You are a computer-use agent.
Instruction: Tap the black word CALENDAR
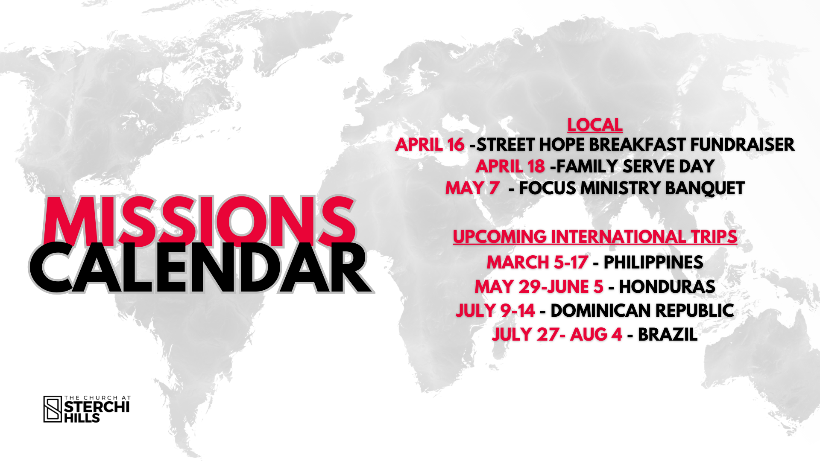click(201, 268)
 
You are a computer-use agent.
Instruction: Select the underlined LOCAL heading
click(595, 125)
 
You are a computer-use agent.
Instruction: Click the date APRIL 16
click(430, 145)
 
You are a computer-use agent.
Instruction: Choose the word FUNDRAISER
click(742, 145)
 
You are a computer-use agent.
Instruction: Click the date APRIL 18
click(510, 166)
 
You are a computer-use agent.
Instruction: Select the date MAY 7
click(472, 188)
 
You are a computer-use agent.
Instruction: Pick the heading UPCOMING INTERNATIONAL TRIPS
click(595, 237)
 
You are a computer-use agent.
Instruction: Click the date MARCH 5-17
click(537, 263)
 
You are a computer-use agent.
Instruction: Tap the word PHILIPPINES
click(653, 263)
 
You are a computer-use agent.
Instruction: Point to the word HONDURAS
click(667, 287)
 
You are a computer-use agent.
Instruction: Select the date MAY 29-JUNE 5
click(539, 287)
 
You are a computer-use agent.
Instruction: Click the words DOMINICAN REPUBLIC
click(642, 311)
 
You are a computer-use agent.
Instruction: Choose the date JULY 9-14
click(495, 311)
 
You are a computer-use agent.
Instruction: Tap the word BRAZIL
click(668, 335)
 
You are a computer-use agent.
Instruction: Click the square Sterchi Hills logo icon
click(53, 409)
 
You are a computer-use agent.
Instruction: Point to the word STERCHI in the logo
click(97, 407)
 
